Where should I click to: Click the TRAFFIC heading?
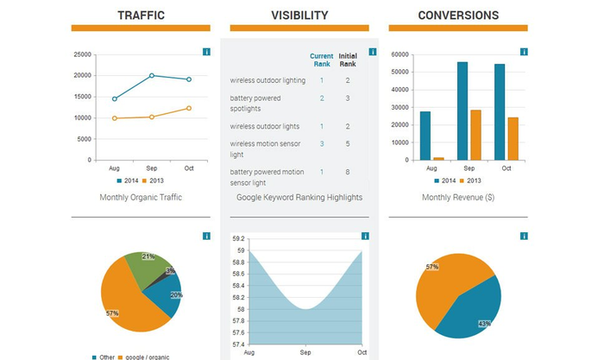click(x=141, y=16)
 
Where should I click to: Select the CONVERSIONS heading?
click(x=458, y=16)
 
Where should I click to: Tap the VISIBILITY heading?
click(x=299, y=16)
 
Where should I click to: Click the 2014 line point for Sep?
click(x=152, y=76)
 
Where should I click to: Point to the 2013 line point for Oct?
click(x=189, y=108)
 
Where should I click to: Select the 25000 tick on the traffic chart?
click(x=84, y=54)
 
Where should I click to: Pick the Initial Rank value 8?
click(x=347, y=172)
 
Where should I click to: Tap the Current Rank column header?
click(x=321, y=60)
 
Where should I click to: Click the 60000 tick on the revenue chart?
click(x=400, y=54)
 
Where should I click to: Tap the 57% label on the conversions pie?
click(x=432, y=267)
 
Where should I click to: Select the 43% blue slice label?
click(x=484, y=324)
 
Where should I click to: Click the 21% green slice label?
click(x=148, y=256)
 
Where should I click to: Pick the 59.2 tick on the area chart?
click(x=238, y=238)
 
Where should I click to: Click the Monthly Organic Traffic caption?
click(x=141, y=198)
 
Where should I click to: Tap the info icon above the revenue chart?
click(x=524, y=52)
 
